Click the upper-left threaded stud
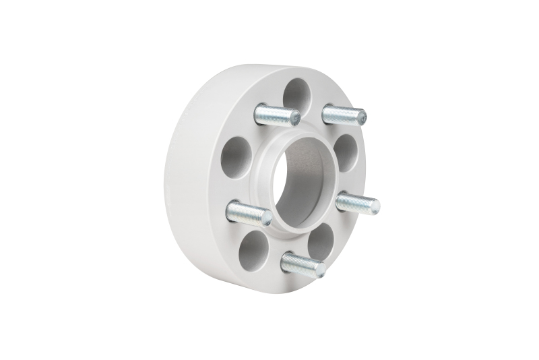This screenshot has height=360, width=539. click(276, 115)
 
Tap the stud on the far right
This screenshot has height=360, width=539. click(356, 202)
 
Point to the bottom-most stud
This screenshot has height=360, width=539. click(301, 263)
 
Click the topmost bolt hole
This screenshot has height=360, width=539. click(296, 93)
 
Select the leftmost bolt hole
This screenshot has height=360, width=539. click(236, 157)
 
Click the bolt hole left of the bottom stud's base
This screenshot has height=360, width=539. click(319, 241)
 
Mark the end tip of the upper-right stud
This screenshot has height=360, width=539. click(362, 117)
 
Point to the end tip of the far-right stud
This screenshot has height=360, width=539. click(375, 206)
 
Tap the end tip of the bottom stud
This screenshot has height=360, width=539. click(320, 270)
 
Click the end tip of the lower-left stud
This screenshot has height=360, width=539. click(267, 218)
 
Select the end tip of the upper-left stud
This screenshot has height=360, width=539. click(295, 119)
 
